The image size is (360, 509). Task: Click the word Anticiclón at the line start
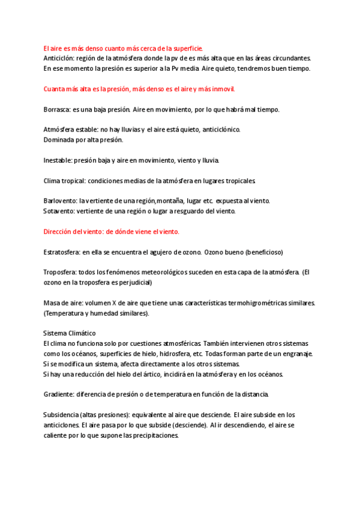pos(58,58)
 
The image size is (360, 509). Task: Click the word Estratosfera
pos(62,252)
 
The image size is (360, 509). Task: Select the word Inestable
pos(58,160)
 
